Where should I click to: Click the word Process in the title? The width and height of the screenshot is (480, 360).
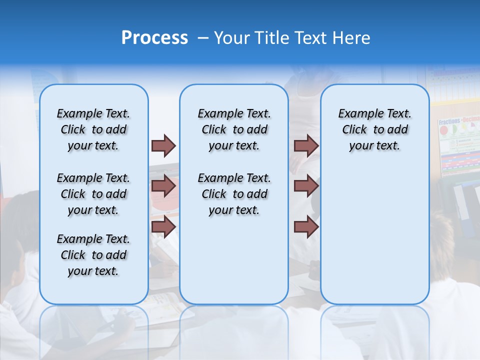pos(154,38)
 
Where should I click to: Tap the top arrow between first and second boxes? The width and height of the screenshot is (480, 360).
pos(163,145)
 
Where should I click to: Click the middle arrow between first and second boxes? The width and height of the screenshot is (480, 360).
pos(163,186)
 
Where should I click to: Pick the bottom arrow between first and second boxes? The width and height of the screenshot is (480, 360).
pos(163,227)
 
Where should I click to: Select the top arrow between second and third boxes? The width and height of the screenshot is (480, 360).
pos(306,145)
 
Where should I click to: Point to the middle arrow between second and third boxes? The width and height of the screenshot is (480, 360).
pos(306,186)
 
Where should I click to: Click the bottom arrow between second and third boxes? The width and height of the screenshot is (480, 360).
pos(306,227)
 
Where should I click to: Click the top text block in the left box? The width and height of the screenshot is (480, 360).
pos(93,129)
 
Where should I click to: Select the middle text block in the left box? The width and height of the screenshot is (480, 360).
pos(93,194)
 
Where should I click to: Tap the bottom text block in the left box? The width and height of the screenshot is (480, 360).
pos(93,255)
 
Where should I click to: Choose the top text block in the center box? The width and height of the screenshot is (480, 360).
pos(234,129)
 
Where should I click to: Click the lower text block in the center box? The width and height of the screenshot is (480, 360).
pos(234,194)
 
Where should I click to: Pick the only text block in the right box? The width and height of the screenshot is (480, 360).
pos(374,129)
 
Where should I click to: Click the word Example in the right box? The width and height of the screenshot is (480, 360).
pos(357,114)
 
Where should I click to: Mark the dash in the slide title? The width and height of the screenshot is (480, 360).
pos(203,38)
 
